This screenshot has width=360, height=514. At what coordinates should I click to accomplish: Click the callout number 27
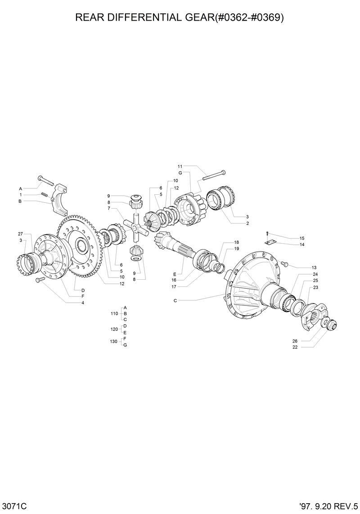coord(20,234)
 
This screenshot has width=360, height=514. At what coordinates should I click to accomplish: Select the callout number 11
coord(180,166)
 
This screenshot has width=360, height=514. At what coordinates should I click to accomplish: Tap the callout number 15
coord(302,238)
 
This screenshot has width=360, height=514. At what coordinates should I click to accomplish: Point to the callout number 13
coord(302,267)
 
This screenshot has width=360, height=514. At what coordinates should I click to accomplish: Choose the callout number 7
coord(108,208)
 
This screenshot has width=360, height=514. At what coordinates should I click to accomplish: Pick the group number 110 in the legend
coord(114,313)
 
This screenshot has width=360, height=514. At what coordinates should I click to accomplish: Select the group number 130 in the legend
coord(114,341)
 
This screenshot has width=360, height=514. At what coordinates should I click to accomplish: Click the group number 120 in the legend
coord(114,329)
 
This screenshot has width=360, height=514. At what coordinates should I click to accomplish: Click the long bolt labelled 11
coord(213,175)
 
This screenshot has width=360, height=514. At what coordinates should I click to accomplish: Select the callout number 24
coord(315,274)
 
